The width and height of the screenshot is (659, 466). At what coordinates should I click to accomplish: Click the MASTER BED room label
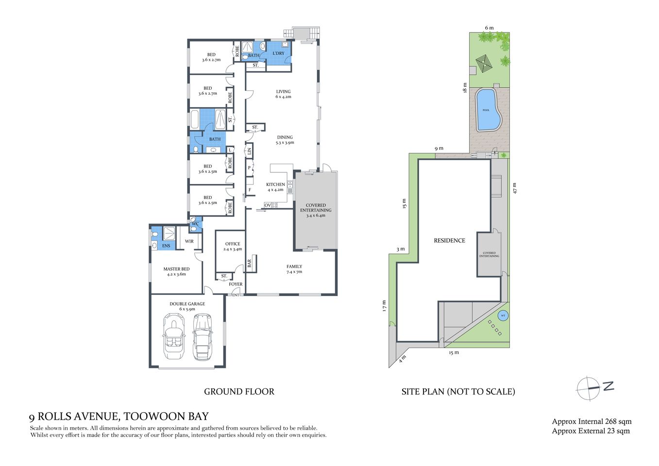coord(176,269)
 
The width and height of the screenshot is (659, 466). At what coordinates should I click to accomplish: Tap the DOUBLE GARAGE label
coord(187,304)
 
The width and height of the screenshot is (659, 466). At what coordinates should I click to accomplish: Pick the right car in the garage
coord(203,337)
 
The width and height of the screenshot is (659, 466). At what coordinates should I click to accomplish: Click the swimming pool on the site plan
coord(488,110)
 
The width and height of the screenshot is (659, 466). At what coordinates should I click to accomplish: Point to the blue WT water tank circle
coord(503,316)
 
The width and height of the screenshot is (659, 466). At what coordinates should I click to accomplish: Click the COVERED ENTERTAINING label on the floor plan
coord(316,208)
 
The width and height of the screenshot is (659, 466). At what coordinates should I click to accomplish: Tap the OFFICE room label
coord(233,244)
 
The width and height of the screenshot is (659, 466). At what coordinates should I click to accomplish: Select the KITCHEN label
coord(275,184)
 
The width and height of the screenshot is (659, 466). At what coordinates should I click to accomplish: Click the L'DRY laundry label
coord(278,53)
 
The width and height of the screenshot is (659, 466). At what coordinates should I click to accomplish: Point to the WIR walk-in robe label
coord(189,241)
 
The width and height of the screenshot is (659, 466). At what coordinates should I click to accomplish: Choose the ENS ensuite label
coord(166,246)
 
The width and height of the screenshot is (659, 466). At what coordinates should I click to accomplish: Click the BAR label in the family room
coord(250,263)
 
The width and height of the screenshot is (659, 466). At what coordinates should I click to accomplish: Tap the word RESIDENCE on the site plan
coord(449,241)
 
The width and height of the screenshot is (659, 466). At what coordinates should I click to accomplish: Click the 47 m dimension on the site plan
coord(515,188)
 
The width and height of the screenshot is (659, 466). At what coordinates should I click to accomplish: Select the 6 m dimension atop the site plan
coord(489,28)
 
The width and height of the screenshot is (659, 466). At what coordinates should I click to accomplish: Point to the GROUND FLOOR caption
coord(239,392)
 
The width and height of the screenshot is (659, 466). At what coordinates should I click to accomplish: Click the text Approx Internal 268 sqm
coord(591,421)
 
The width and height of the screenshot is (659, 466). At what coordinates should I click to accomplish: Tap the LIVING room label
coord(283,91)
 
